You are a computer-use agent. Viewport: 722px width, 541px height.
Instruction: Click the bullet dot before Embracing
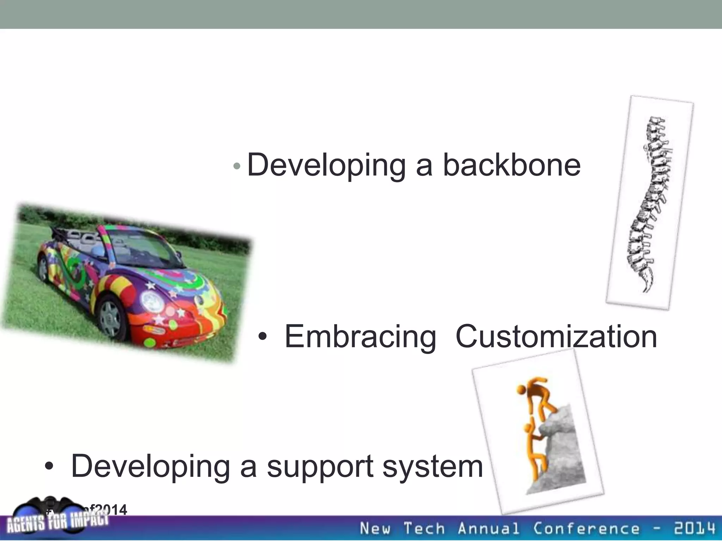262,337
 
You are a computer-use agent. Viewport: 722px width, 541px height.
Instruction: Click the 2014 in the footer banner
695,528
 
